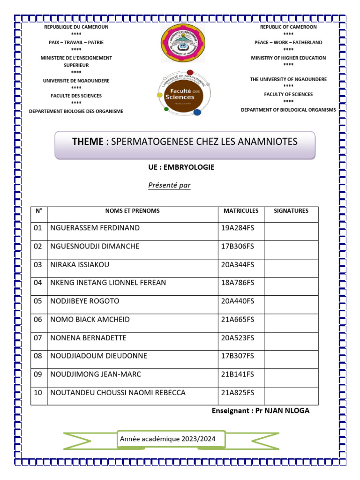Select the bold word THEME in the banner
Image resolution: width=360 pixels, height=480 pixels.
tap(87, 142)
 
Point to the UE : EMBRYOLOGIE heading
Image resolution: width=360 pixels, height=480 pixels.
tap(181, 167)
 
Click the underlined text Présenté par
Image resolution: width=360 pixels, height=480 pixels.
tap(169, 185)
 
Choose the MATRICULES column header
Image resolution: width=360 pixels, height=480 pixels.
tap(240, 211)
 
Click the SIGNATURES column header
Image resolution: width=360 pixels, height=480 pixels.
tap(291, 211)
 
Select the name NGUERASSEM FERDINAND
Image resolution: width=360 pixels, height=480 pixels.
tap(95, 228)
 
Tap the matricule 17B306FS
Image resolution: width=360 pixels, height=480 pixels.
tap(237, 247)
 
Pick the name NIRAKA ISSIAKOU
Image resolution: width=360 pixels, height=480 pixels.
tap(80, 265)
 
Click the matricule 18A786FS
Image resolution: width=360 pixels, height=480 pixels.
tap(237, 283)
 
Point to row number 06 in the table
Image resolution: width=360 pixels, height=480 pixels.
tap(38, 320)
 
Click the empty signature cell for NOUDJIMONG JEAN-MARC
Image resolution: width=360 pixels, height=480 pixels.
tap(291, 374)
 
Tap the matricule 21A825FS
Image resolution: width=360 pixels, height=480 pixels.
tap(237, 393)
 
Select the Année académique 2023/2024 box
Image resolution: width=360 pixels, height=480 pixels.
tap(171, 439)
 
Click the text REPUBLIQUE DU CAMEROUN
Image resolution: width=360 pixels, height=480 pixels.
tap(76, 27)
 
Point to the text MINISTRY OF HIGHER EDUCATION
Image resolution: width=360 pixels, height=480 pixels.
tap(288, 58)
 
